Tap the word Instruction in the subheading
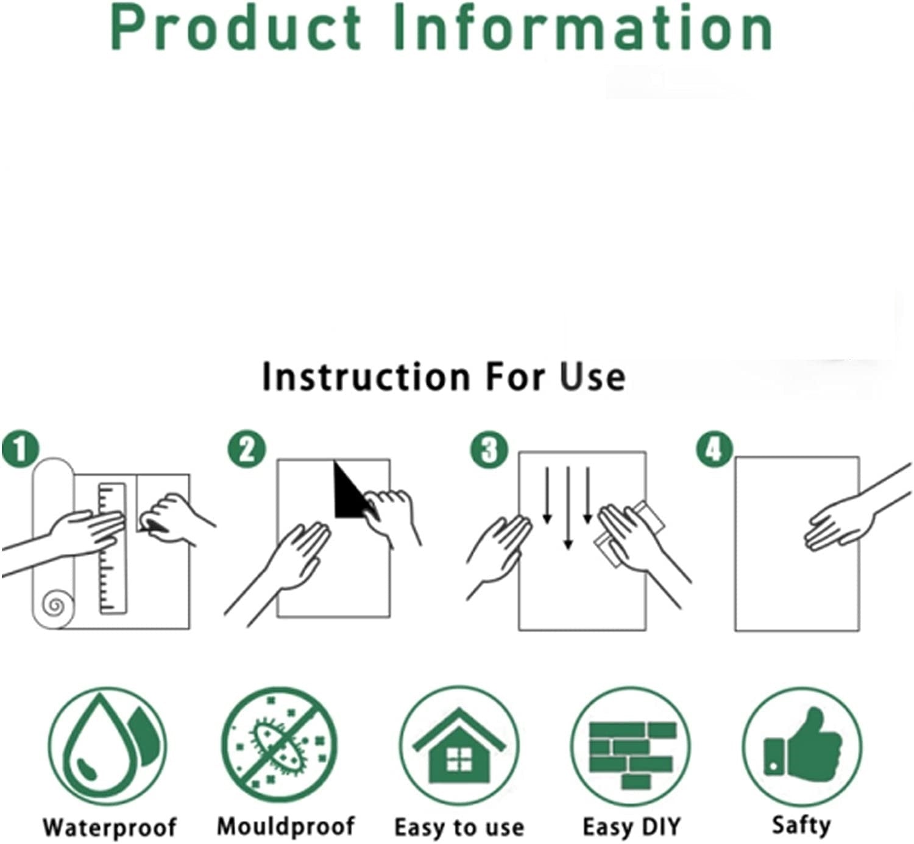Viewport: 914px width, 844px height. (x=366, y=377)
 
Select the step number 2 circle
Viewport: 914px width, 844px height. (x=247, y=450)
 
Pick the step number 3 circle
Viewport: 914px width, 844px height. (x=488, y=450)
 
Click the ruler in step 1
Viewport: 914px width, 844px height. (x=113, y=548)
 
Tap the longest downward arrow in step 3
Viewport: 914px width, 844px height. (x=569, y=508)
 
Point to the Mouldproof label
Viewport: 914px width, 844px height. (x=286, y=826)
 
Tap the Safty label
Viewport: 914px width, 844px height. (x=801, y=824)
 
